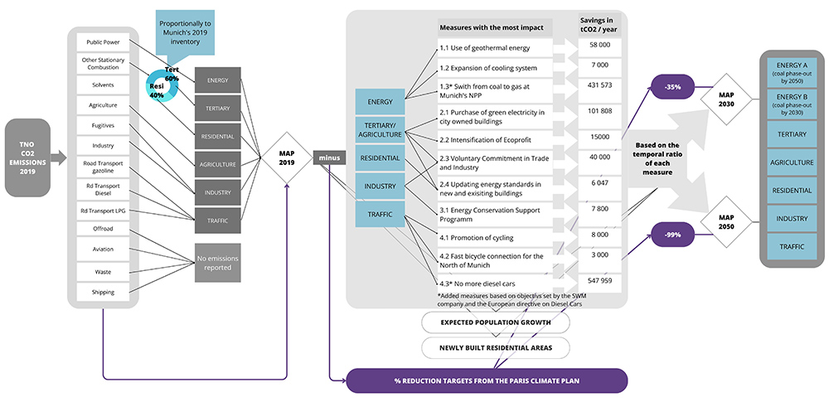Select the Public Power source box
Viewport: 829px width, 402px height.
tap(101, 41)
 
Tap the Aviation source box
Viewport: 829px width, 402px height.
tap(101, 249)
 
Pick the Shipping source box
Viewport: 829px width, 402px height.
tap(101, 292)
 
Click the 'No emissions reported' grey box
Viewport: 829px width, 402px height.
tap(218, 263)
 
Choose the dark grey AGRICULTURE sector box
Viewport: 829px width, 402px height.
tap(218, 164)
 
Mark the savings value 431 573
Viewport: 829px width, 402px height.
tap(601, 85)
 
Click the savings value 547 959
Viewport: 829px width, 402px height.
tap(601, 280)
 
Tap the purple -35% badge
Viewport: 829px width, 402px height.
tap(673, 85)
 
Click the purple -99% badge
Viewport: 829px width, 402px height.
tap(673, 235)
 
